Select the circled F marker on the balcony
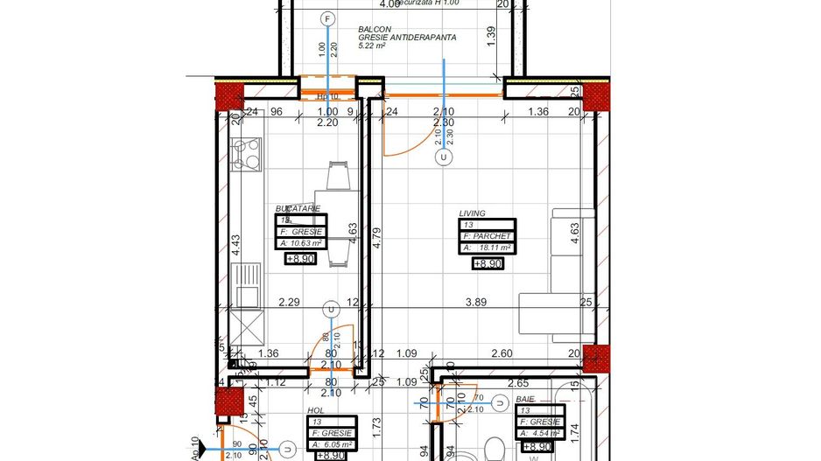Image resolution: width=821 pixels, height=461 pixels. pyautogui.click(x=328, y=18)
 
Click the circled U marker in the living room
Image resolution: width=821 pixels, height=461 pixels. pyautogui.click(x=445, y=157)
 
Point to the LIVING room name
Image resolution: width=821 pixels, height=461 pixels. pyautogui.click(x=472, y=213)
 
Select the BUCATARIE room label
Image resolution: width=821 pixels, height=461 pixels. pyautogui.click(x=298, y=208)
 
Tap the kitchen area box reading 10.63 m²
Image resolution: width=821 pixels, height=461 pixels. pyautogui.click(x=299, y=244)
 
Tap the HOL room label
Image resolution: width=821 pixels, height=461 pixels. pyautogui.click(x=315, y=409)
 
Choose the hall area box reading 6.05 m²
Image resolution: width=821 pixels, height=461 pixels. pyautogui.click(x=329, y=444)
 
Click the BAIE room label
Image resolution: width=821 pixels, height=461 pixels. pyautogui.click(x=525, y=398)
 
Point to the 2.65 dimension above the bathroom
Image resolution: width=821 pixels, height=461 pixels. pyautogui.click(x=517, y=382)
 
